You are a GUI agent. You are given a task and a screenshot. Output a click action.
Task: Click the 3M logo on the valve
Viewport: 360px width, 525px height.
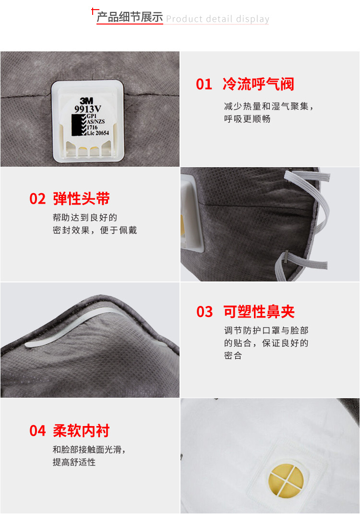pyautogui.click(x=87, y=100)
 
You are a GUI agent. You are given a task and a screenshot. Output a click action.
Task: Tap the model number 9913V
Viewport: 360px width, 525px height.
pyautogui.click(x=88, y=109)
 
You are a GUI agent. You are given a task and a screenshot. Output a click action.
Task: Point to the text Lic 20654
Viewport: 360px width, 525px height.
pyautogui.click(x=98, y=133)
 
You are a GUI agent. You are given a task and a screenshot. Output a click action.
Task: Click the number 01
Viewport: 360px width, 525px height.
pyautogui.click(x=204, y=85)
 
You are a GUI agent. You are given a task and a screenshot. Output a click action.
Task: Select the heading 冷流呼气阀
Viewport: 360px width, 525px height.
pyautogui.click(x=258, y=84)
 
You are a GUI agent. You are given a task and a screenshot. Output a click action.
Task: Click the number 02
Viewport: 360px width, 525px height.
pyautogui.click(x=37, y=199)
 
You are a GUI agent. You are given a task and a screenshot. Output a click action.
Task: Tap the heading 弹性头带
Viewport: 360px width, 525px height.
pyautogui.click(x=81, y=198)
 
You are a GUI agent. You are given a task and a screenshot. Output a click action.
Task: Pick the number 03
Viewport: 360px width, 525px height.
pyautogui.click(x=204, y=312)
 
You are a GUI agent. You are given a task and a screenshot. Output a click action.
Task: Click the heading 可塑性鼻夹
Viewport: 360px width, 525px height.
pyautogui.click(x=259, y=312)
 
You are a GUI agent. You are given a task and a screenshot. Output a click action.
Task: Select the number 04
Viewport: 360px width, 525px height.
pyautogui.click(x=37, y=431)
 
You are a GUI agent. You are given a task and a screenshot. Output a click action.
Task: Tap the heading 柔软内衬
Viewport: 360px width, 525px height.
pyautogui.click(x=81, y=430)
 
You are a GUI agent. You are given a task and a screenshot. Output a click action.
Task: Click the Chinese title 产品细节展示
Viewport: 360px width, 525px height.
pyautogui.click(x=130, y=17)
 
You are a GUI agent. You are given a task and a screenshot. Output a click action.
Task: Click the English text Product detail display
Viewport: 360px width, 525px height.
pyautogui.click(x=217, y=19)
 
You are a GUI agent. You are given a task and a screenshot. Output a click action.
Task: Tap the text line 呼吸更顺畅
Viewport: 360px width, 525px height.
pyautogui.click(x=247, y=119)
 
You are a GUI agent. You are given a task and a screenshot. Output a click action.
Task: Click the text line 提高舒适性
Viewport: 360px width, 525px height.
pyautogui.click(x=74, y=462)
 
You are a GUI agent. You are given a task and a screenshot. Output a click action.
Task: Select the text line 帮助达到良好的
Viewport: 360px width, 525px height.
pyautogui.click(x=85, y=218)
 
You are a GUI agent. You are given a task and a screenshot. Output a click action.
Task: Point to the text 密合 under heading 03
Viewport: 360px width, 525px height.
pyautogui.click(x=233, y=355)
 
